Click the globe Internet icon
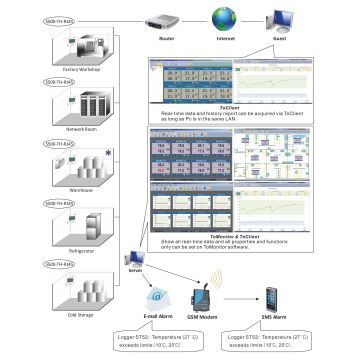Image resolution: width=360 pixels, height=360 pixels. tap(240, 17)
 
